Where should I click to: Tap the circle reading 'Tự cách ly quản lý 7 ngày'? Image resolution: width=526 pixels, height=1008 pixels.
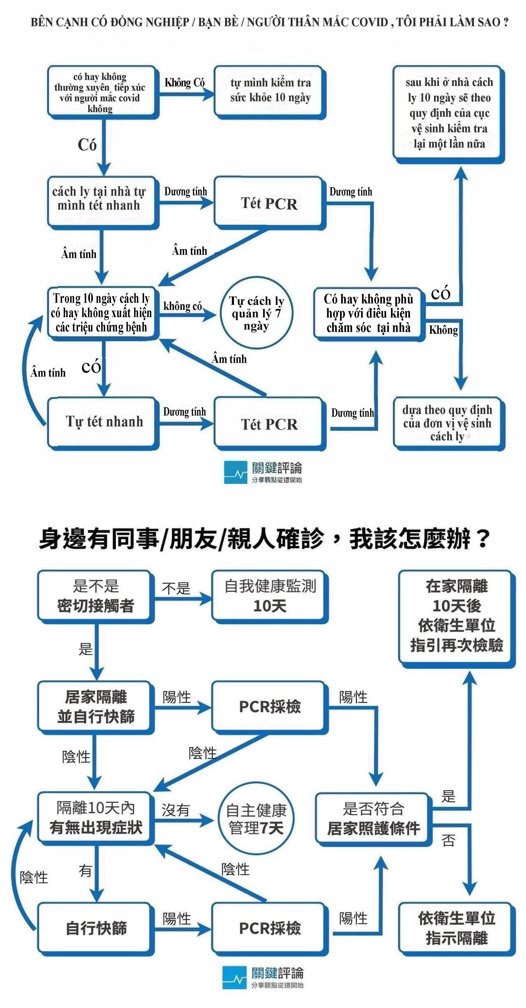[256, 313]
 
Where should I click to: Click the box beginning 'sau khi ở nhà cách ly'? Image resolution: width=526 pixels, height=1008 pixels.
[449, 113]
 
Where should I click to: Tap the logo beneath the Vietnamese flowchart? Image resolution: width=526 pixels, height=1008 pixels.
[263, 472]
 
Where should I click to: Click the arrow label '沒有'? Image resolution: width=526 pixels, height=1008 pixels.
[176, 809]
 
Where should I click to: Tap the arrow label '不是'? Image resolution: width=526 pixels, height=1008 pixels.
[176, 588]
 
